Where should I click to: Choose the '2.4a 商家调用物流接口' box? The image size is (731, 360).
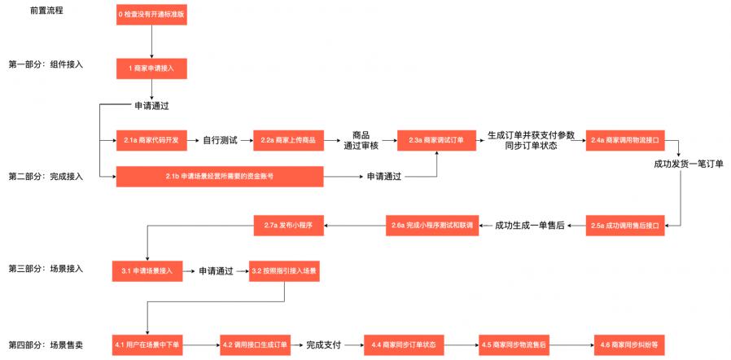pos(624,140)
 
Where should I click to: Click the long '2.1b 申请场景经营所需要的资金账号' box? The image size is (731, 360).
pos(220,176)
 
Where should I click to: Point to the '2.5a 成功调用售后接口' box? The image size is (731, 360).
pos(624,225)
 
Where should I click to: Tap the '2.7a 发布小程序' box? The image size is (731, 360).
pos(289,225)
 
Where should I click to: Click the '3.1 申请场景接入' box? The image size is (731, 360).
pos(147,270)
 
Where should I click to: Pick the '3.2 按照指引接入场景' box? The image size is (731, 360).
pos(283,270)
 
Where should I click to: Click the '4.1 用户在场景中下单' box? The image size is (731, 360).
pos(147,345)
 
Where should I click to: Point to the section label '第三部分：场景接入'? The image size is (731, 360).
pos(46,268)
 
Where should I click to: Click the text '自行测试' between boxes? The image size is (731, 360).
pos(220,140)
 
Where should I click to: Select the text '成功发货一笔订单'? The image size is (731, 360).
pos(688,164)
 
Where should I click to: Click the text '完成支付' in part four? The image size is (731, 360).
pos(324,345)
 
